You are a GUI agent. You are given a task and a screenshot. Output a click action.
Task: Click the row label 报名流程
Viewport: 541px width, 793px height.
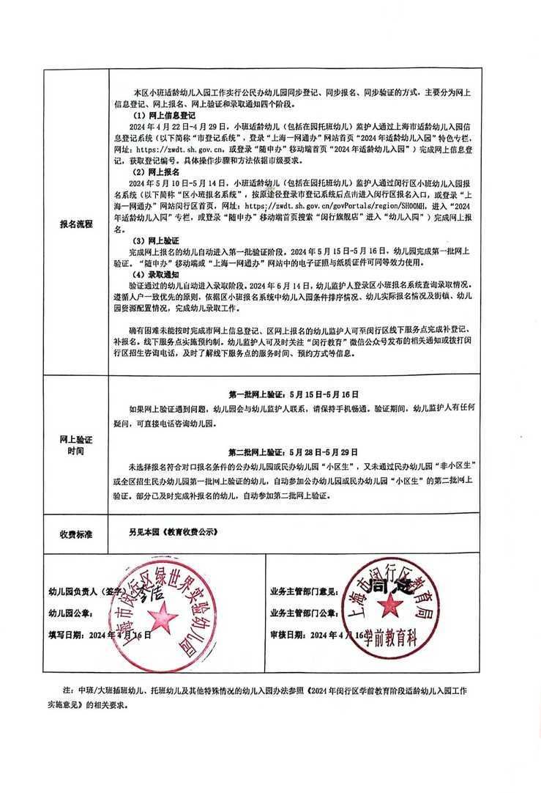(x=75, y=224)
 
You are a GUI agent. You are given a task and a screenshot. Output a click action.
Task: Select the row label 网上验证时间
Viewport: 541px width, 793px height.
(x=75, y=446)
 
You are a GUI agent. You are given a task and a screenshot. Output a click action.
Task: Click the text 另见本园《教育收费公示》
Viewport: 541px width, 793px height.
(x=173, y=534)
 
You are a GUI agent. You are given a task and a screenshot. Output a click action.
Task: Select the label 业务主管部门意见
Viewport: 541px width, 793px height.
(x=305, y=591)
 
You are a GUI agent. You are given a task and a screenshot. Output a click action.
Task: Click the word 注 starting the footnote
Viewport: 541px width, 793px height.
(x=67, y=691)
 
